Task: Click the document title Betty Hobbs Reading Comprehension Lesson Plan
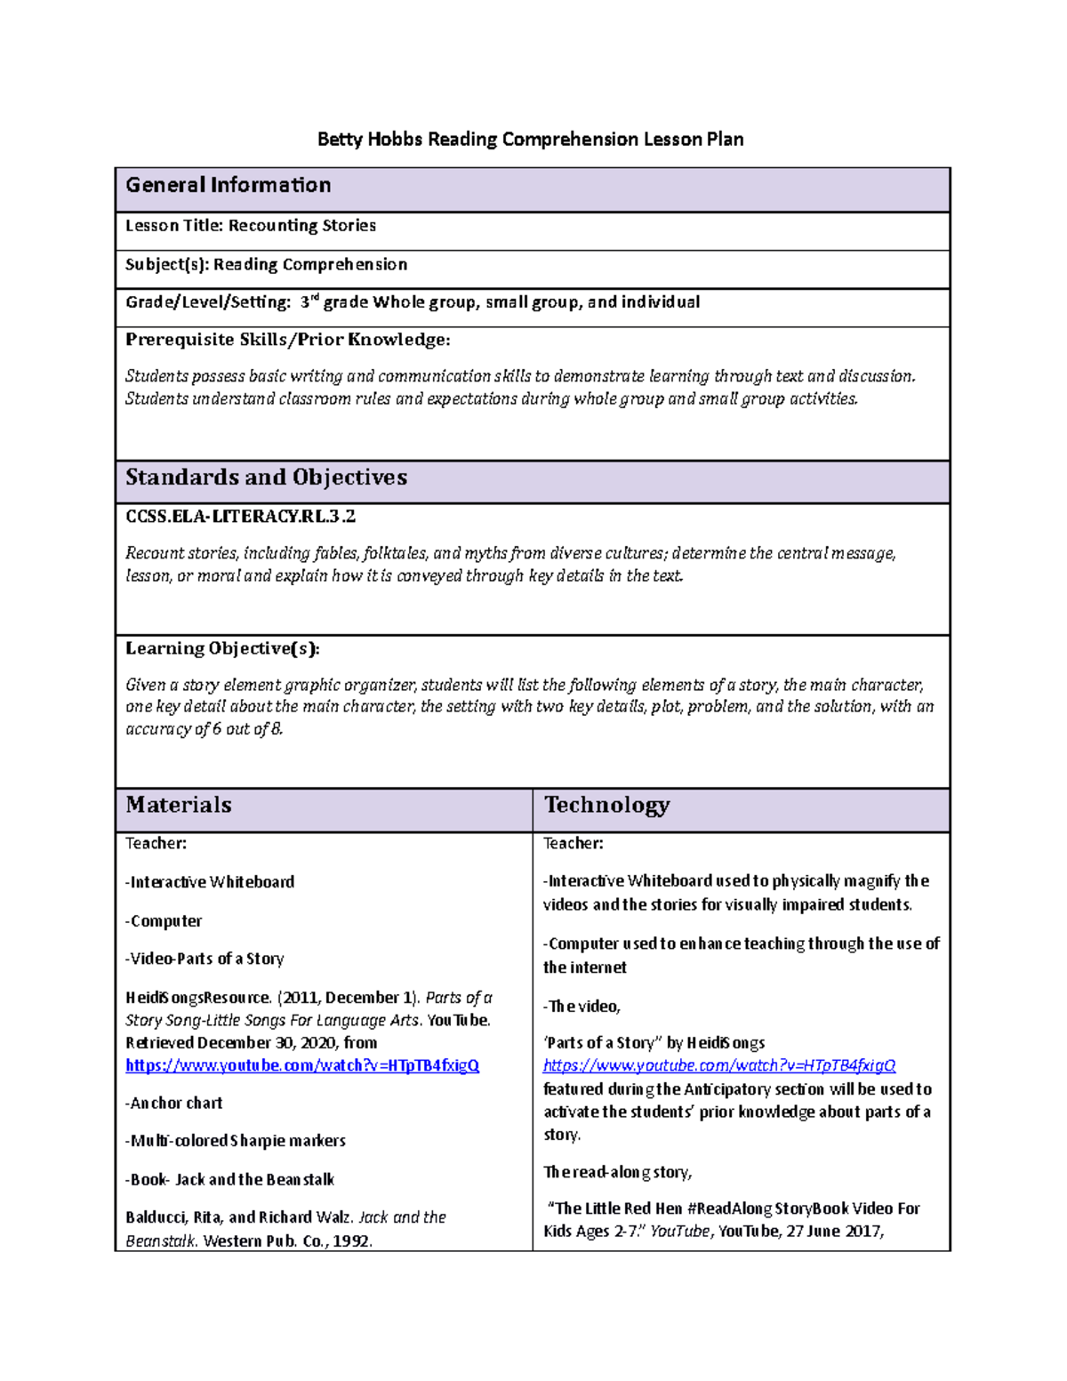[x=530, y=140]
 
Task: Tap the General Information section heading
[x=229, y=185]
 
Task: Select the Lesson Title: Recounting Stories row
[x=251, y=226]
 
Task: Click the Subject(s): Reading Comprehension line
[x=266, y=264]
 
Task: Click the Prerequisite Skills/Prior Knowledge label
[x=287, y=340]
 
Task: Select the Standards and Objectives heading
[x=266, y=478]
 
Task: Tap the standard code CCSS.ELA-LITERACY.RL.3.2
[x=240, y=516]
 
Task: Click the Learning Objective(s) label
[x=222, y=648]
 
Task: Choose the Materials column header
[x=179, y=805]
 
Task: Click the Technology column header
[x=606, y=805]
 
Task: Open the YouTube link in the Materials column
[x=302, y=1065]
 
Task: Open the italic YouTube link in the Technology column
[x=719, y=1065]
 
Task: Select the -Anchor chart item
[x=174, y=1103]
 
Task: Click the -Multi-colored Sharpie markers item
[x=236, y=1141]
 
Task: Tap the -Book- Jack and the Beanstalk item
[x=229, y=1179]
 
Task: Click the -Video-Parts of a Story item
[x=205, y=959]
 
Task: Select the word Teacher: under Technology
[x=574, y=843]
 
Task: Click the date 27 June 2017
[x=833, y=1231]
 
